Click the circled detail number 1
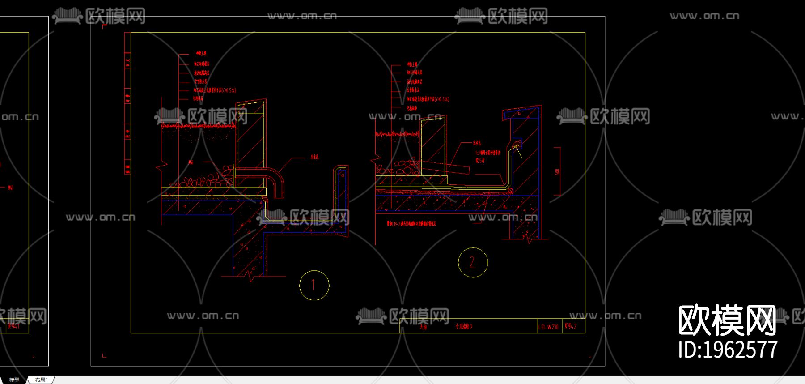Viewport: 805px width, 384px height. pos(314,285)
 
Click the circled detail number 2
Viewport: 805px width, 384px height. pos(473,262)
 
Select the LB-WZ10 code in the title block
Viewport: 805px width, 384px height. pos(548,327)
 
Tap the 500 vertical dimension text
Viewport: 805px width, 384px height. pos(557,172)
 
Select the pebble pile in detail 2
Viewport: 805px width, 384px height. pos(398,168)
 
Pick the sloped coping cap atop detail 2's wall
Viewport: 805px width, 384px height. pos(522,112)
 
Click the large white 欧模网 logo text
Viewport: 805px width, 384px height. pos(727,320)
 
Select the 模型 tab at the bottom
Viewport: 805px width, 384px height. pos(14,380)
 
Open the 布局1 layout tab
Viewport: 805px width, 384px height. pos(42,380)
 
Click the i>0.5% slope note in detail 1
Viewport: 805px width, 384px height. pos(215,90)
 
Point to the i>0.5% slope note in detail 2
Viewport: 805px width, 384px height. pos(428,99)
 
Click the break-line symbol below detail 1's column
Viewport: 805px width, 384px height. pos(251,276)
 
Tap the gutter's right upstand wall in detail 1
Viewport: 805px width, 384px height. pos(342,197)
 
